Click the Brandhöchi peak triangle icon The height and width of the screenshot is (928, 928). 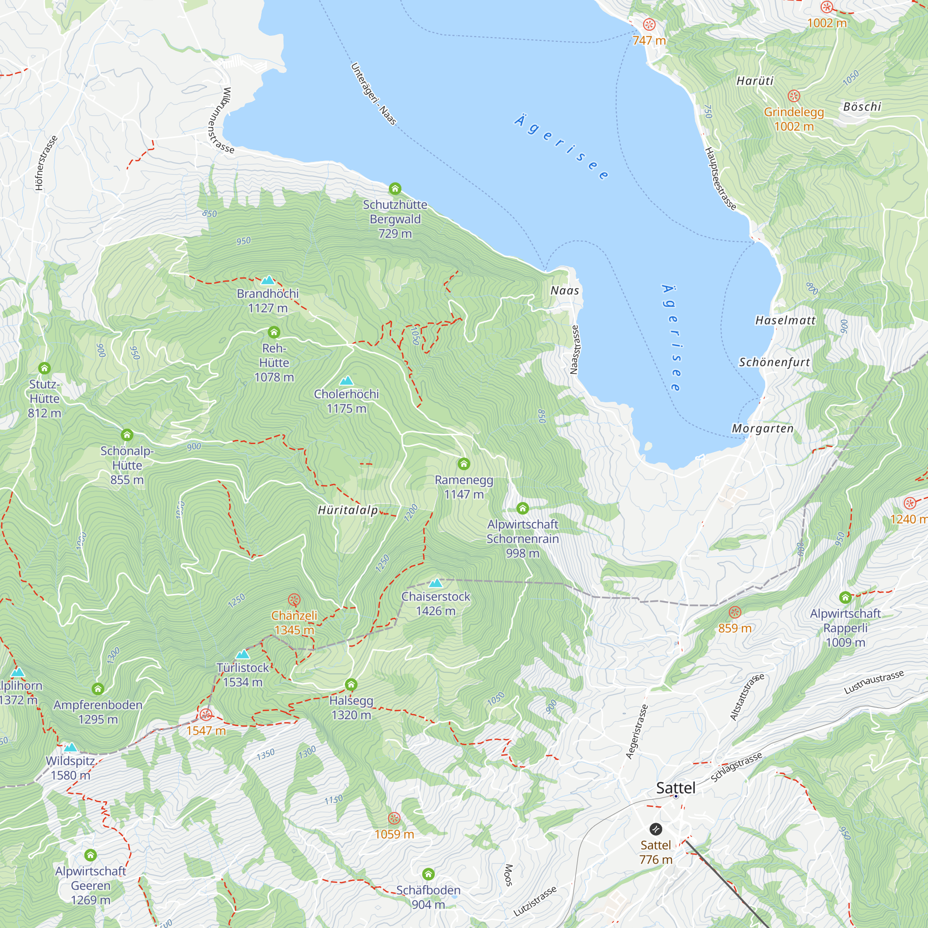click(268, 280)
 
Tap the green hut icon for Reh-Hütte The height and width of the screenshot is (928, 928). click(274, 332)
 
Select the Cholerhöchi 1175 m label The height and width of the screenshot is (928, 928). click(346, 401)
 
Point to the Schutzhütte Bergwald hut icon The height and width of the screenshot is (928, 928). click(395, 188)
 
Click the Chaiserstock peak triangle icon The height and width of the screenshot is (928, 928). click(435, 583)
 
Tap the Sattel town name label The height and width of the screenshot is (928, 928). click(675, 788)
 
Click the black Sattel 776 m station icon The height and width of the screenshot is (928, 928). click(656, 829)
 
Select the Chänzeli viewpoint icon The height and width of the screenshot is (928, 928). click(294, 600)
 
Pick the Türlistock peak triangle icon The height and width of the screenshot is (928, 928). click(243, 654)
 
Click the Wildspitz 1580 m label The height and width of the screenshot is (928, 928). click(70, 768)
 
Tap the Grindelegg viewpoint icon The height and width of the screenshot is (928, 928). click(793, 96)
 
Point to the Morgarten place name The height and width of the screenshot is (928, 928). click(762, 428)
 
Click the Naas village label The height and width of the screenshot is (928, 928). click(564, 290)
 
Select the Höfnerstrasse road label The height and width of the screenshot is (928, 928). click(46, 163)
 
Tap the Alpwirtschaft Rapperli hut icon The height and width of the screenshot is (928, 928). click(845, 598)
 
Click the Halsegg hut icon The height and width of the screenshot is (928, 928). click(351, 684)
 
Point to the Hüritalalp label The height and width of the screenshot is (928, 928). click(348, 510)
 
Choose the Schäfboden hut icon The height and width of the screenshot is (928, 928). click(428, 874)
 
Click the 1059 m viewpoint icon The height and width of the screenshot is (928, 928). click(394, 818)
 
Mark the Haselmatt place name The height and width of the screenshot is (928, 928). click(786, 320)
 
